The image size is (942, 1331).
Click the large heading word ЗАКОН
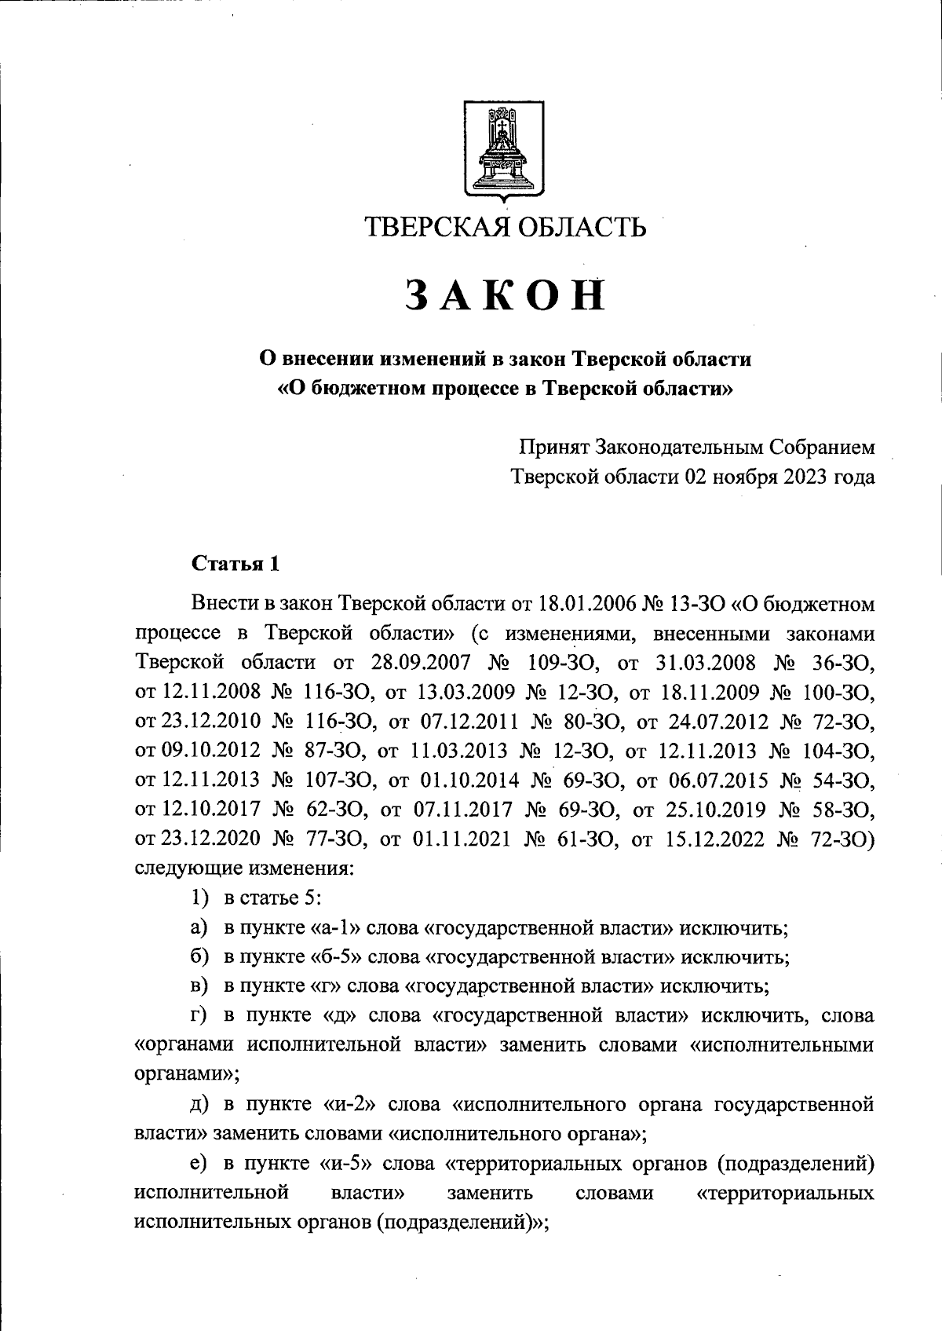point(506,298)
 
